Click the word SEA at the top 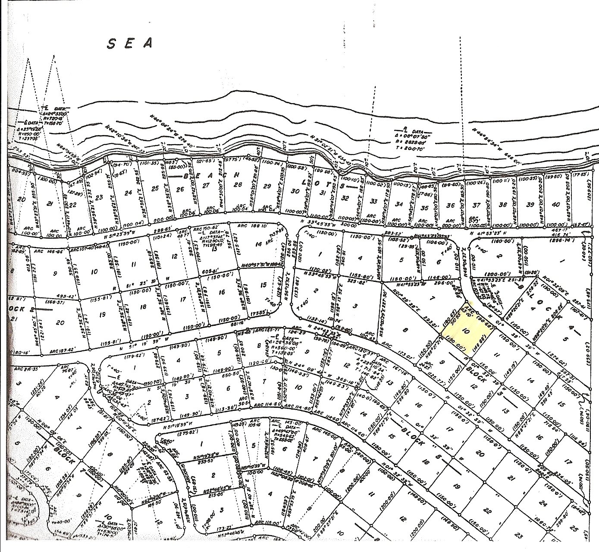[x=130, y=43]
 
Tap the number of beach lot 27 [x=206, y=186]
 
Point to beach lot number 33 [x=374, y=202]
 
